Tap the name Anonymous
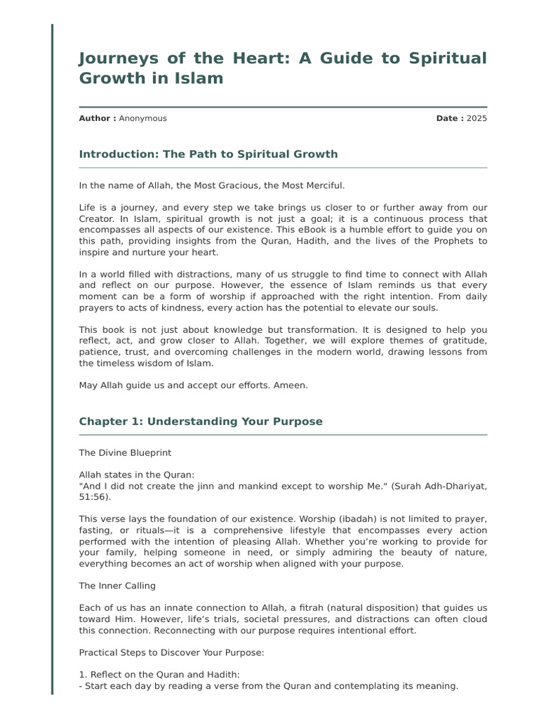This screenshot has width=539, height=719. [143, 118]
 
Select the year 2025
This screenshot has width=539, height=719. [477, 118]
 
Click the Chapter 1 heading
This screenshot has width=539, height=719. [201, 421]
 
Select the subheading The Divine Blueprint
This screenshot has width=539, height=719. [125, 453]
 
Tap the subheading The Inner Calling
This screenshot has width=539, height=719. [117, 586]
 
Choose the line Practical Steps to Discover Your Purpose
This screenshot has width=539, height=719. [171, 652]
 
